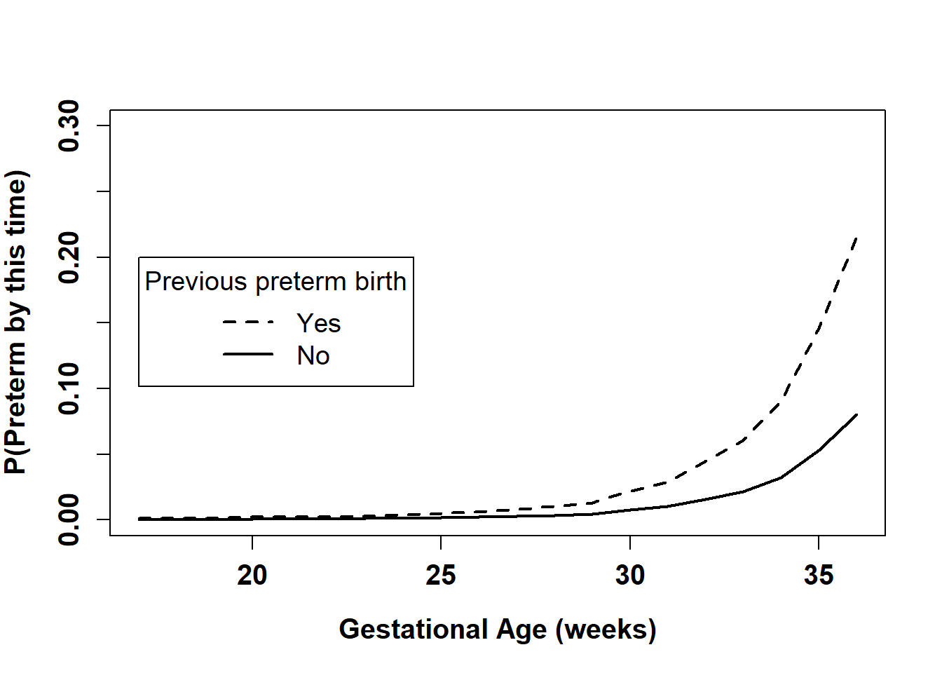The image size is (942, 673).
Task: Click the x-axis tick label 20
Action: click(x=252, y=576)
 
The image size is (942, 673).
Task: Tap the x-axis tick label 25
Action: click(x=441, y=576)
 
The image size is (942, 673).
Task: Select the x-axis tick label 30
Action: click(x=629, y=576)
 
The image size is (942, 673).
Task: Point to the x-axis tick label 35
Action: click(x=819, y=576)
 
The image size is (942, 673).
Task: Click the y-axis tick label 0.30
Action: click(x=70, y=125)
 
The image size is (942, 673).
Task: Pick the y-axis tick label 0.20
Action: click(x=70, y=257)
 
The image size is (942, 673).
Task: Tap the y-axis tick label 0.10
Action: click(x=70, y=388)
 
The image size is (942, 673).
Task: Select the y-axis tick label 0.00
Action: click(x=70, y=519)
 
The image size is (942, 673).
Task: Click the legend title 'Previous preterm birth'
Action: click(x=275, y=282)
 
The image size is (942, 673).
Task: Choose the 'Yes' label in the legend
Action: click(x=319, y=323)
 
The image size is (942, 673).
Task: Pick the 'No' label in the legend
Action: click(x=313, y=356)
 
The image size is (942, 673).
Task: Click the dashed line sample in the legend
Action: click(x=248, y=322)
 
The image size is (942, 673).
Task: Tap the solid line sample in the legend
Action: click(x=248, y=355)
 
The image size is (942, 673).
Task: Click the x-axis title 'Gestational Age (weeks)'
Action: click(x=498, y=630)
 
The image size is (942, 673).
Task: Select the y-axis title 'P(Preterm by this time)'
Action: click(x=16, y=322)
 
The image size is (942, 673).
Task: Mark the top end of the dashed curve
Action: click(x=856, y=238)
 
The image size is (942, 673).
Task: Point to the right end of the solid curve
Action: click(x=856, y=415)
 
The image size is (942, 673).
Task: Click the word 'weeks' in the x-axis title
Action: click(x=606, y=630)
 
